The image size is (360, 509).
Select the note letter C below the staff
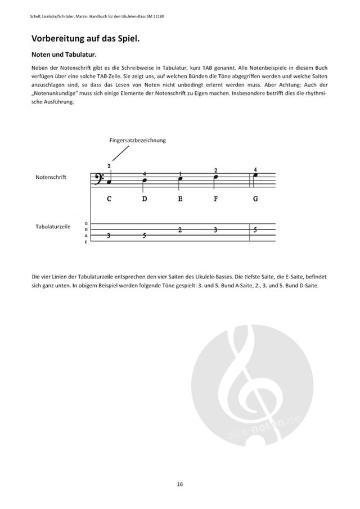click(109, 199)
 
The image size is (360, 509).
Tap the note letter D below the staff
click(144, 199)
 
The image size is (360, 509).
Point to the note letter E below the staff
click(180, 199)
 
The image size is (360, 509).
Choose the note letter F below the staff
click(215, 199)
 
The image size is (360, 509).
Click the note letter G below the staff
click(255, 199)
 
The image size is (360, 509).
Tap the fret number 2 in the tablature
click(180, 229)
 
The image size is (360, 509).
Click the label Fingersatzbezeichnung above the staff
click(138, 140)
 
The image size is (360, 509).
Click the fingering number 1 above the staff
click(181, 173)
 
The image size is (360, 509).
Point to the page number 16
click(179, 484)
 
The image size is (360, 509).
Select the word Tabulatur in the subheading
click(79, 55)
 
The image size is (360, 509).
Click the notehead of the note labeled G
click(254, 175)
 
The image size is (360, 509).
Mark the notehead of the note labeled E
click(179, 179)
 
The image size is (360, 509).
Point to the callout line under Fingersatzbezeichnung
click(121, 153)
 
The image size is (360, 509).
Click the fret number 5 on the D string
click(255, 229)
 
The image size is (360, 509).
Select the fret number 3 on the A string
click(109, 236)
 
